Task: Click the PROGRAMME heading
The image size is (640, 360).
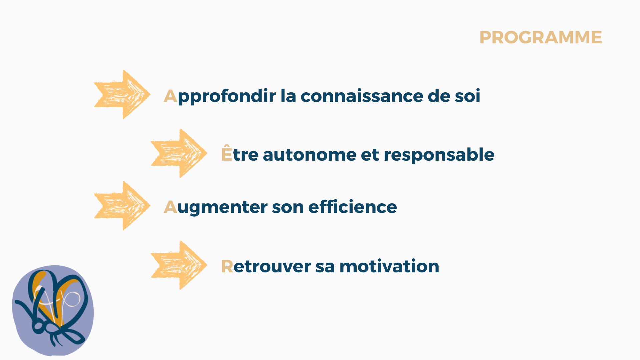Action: [x=540, y=37]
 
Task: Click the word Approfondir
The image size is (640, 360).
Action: [x=220, y=97]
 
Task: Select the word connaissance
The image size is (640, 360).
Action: [x=362, y=96]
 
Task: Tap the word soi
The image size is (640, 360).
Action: [x=468, y=96]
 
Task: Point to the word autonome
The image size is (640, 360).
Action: [x=310, y=155]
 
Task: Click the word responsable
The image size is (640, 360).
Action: [x=439, y=155]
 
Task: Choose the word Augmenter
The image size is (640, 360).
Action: [x=215, y=208]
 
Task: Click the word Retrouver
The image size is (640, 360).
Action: [x=266, y=266]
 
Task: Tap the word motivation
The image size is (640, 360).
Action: [x=389, y=266]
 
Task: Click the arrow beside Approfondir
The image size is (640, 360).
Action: [x=122, y=95]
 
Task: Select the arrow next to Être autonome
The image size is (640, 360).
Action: [x=179, y=153]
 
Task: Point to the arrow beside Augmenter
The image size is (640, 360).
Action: [x=122, y=206]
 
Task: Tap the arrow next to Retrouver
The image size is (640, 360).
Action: [x=179, y=265]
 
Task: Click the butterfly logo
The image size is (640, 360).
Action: [x=53, y=310]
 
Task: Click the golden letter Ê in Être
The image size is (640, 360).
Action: [x=227, y=153]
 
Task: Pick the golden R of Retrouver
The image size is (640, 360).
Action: [x=227, y=266]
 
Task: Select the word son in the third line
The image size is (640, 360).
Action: [x=288, y=207]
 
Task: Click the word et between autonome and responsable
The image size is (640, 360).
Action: [x=370, y=155]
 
